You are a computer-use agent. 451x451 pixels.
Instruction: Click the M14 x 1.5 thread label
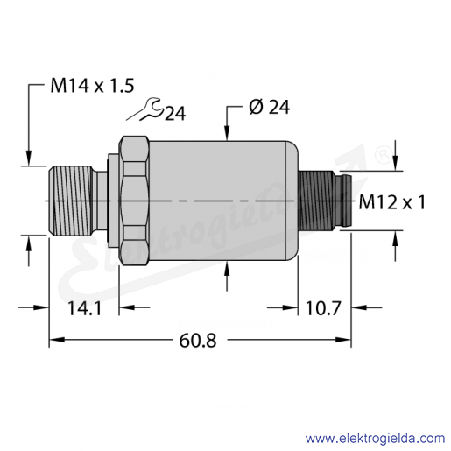[x=92, y=86]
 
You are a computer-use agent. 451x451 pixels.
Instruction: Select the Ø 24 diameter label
[x=270, y=107]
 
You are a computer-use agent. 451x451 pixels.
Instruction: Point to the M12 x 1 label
[x=391, y=202]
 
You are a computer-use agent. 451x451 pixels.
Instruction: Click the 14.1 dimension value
[x=84, y=308]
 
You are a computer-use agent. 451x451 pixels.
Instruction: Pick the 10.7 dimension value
[x=323, y=308]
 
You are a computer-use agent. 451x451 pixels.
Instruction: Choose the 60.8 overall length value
[x=198, y=341]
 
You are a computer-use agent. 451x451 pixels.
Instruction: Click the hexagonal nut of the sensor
[x=134, y=201]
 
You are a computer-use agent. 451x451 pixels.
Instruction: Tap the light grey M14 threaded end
[x=71, y=201]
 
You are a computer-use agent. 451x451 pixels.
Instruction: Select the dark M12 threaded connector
[x=317, y=201]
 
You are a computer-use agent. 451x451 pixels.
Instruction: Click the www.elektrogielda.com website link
[x=375, y=439]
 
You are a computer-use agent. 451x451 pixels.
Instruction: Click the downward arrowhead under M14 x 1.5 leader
[x=29, y=158]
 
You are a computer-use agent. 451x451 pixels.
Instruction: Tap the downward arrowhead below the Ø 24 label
[x=228, y=134]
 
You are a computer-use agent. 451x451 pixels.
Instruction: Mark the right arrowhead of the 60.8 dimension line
[x=343, y=340]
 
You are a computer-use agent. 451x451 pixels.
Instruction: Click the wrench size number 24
[x=175, y=113]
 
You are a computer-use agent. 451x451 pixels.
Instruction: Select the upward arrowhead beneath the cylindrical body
[x=228, y=268]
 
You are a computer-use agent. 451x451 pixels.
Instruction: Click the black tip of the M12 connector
[x=343, y=201]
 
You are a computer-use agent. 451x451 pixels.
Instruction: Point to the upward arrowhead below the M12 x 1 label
[x=395, y=238]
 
